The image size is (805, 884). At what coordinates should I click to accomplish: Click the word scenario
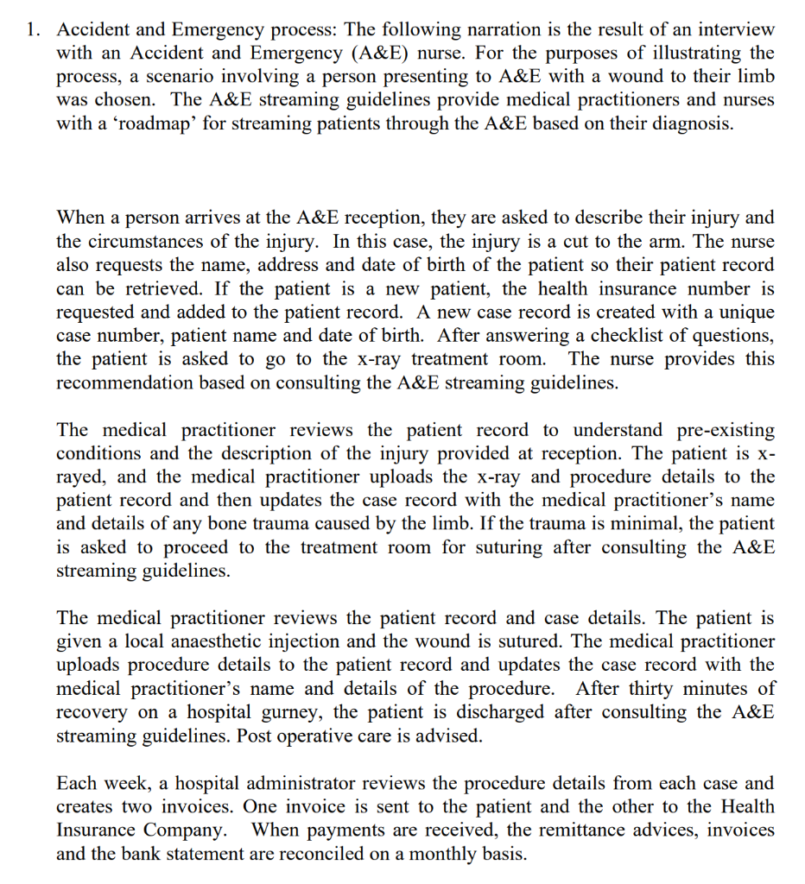click(168, 77)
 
